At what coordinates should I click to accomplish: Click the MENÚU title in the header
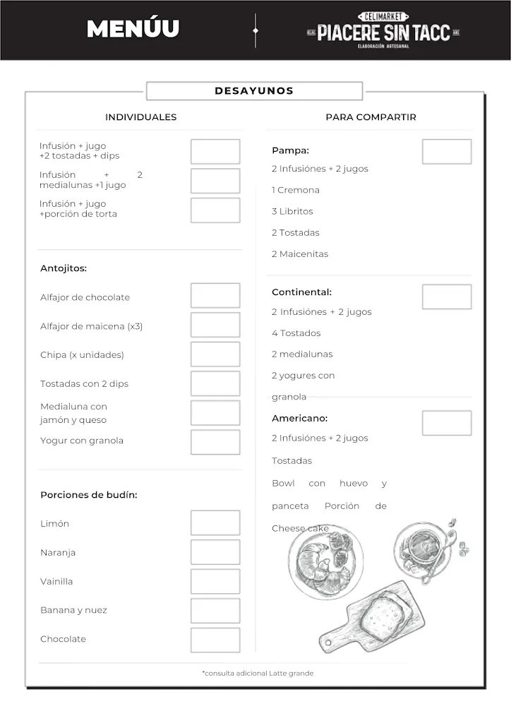pyautogui.click(x=133, y=29)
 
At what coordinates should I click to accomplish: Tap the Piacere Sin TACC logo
pyautogui.click(x=383, y=30)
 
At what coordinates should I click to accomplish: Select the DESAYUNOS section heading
pyautogui.click(x=254, y=91)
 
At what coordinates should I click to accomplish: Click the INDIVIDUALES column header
pyautogui.click(x=140, y=117)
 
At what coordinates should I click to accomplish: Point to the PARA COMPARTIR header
pyautogui.click(x=371, y=117)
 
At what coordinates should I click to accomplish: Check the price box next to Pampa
pyautogui.click(x=446, y=152)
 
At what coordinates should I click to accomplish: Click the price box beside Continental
pyautogui.click(x=446, y=297)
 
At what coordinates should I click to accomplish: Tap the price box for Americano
pyautogui.click(x=446, y=423)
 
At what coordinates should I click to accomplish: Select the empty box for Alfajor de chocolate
pyautogui.click(x=215, y=296)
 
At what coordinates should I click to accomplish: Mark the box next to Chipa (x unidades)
pyautogui.click(x=215, y=354)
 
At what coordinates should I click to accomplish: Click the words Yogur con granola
pyautogui.click(x=82, y=441)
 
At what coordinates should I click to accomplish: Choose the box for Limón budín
pyautogui.click(x=215, y=523)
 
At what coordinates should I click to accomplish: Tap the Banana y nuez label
pyautogui.click(x=73, y=610)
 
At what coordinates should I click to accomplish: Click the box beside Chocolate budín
pyautogui.click(x=215, y=640)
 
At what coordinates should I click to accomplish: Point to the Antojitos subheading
pyautogui.click(x=64, y=268)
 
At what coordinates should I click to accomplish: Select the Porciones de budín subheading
pyautogui.click(x=89, y=495)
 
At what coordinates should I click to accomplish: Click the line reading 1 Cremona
pyautogui.click(x=296, y=190)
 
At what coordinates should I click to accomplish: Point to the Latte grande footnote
pyautogui.click(x=258, y=673)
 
